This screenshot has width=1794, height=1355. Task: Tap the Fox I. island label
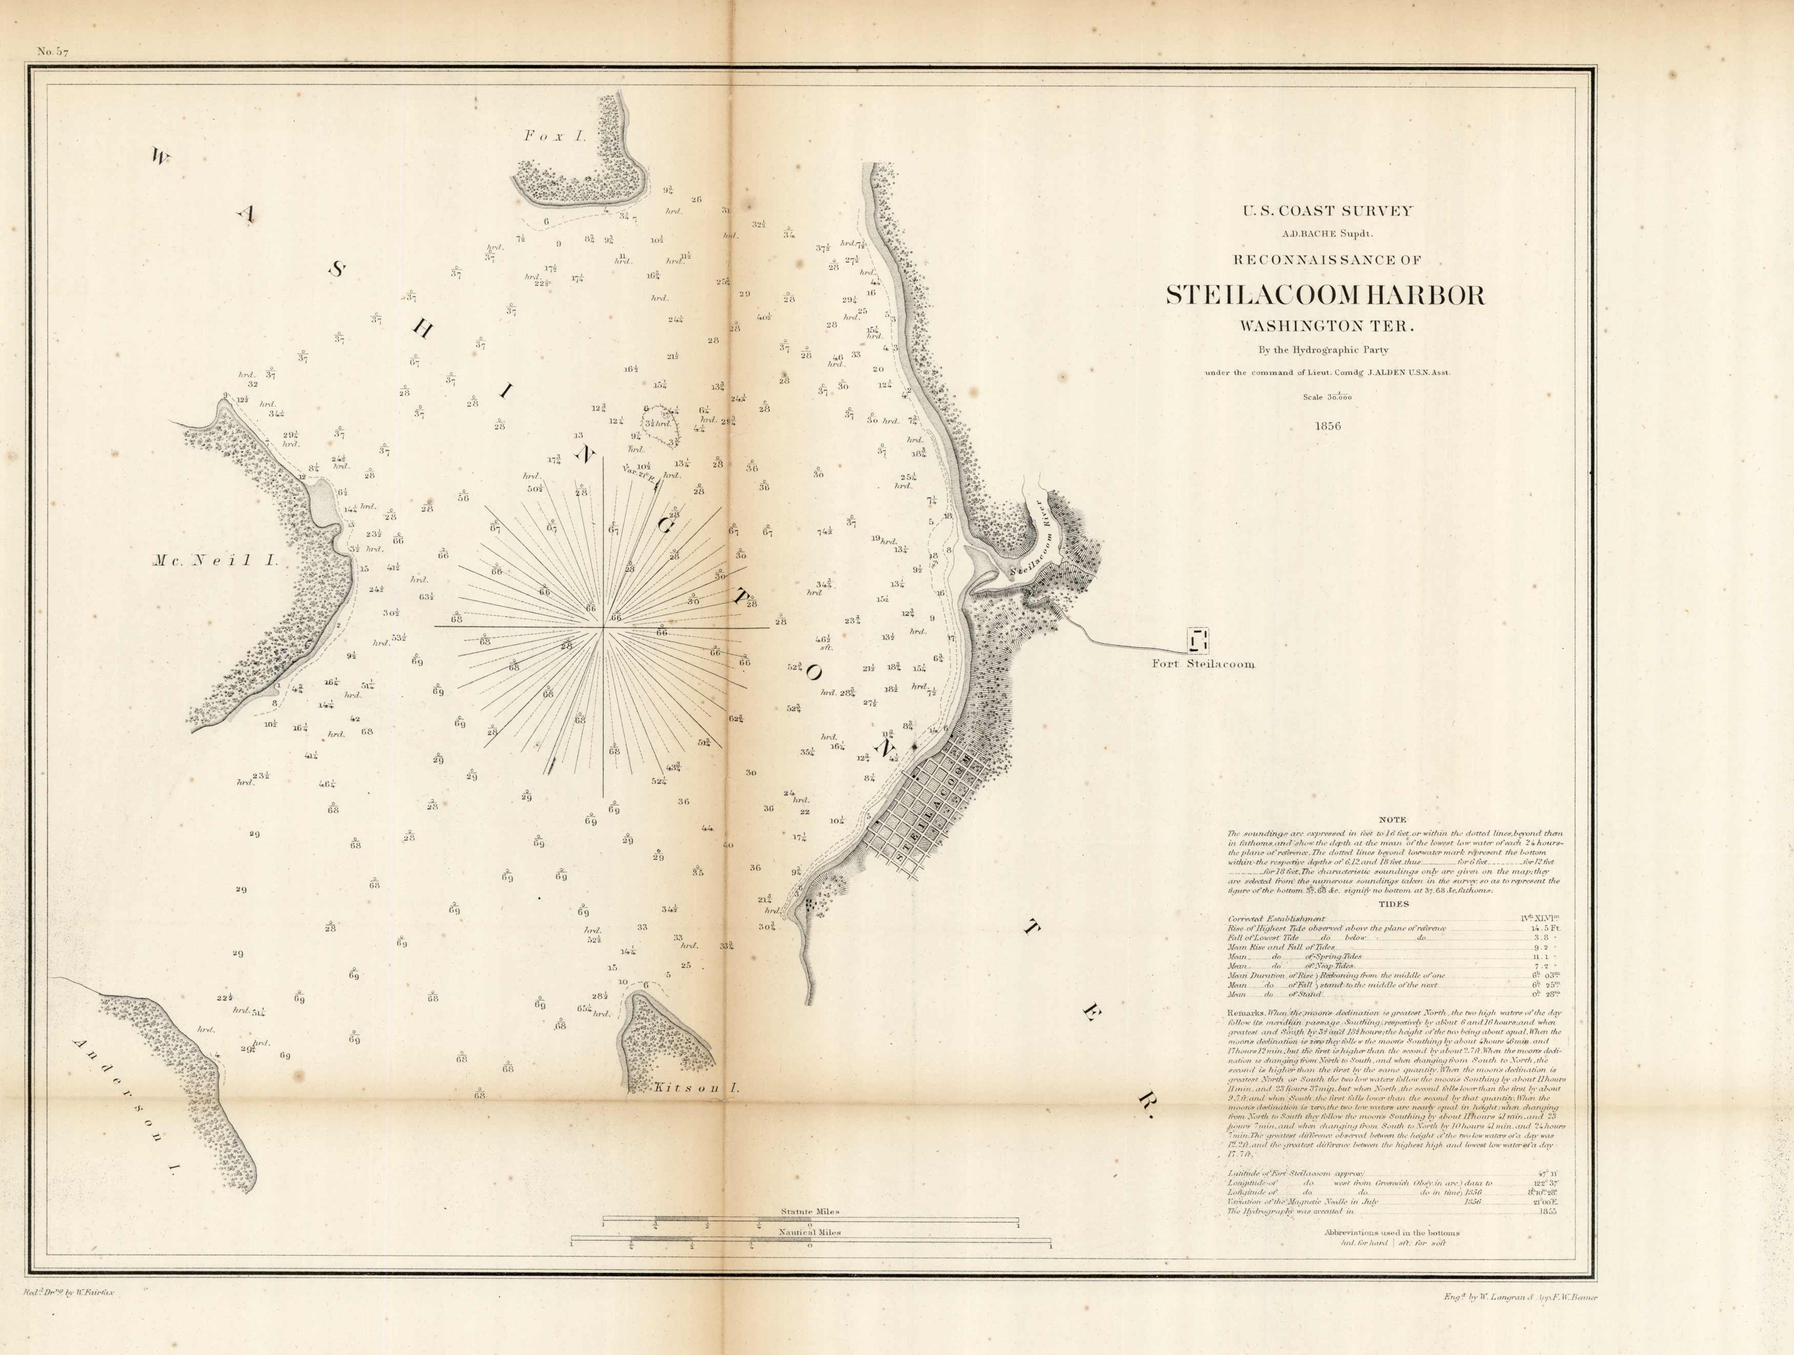pyautogui.click(x=555, y=137)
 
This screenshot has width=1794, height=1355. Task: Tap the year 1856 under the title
pyautogui.click(x=1328, y=426)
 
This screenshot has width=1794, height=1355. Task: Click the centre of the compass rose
pyautogui.click(x=603, y=628)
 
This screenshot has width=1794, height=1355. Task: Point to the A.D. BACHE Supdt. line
pyautogui.click(x=1328, y=234)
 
